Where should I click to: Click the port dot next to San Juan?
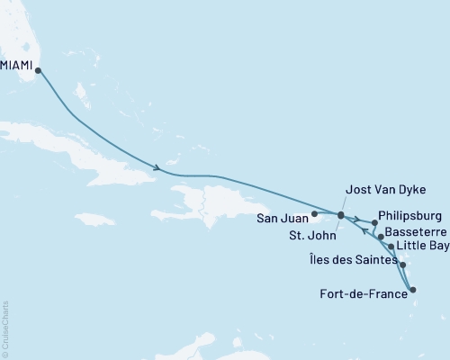313,215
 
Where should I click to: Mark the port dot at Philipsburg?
373,222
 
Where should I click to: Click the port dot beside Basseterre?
382,237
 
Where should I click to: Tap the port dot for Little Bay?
391,246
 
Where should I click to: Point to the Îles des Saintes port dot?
401,265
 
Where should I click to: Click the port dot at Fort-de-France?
413,290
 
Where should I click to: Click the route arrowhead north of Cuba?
157,167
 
